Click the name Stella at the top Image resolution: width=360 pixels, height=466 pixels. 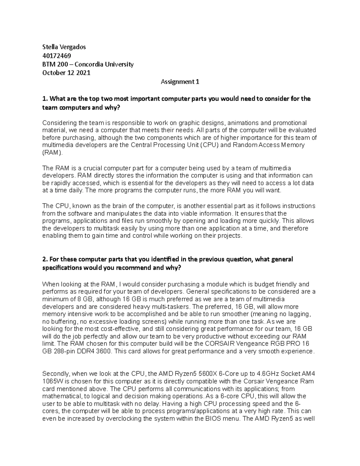[49, 47]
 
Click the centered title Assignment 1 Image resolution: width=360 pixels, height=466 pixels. [180, 82]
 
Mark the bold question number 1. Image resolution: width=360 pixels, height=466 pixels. [45, 99]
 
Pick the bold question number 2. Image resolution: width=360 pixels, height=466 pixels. [45, 259]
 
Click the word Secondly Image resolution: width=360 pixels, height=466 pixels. [55, 374]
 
